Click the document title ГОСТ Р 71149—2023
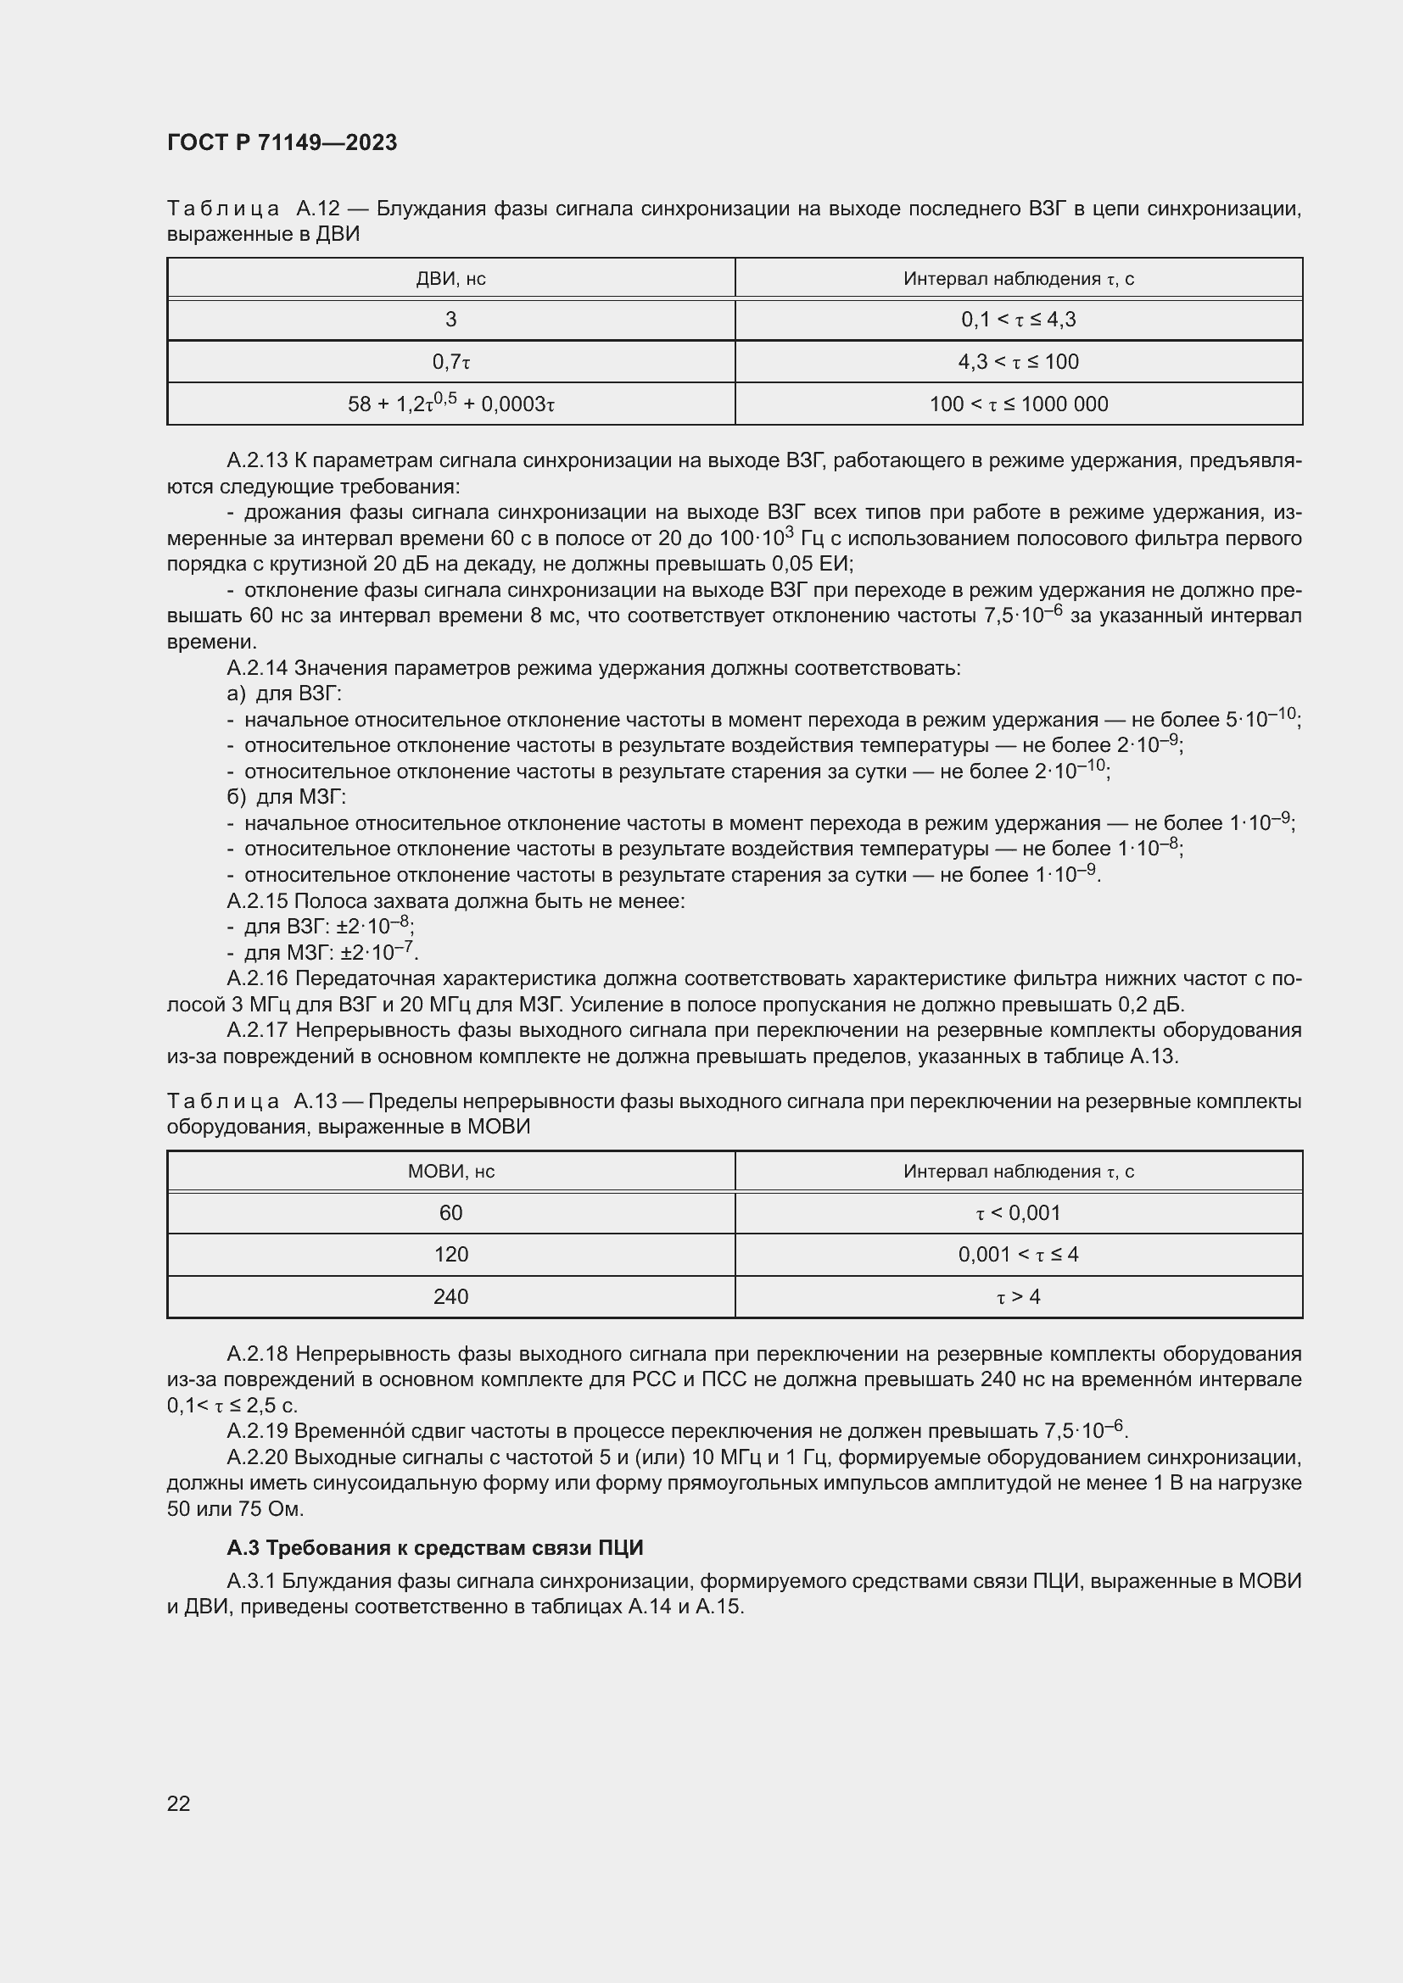[x=282, y=142]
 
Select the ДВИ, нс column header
[x=450, y=278]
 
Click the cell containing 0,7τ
[x=450, y=362]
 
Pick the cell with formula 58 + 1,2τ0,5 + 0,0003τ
[x=450, y=404]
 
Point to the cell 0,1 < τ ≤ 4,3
[x=1018, y=320]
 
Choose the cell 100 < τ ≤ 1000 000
[x=1018, y=404]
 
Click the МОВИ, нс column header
[x=450, y=1171]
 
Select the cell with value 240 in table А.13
[x=450, y=1296]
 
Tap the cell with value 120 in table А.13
[x=450, y=1254]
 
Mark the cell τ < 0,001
[x=1018, y=1212]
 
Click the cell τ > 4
[x=1018, y=1296]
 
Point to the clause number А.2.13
[x=256, y=460]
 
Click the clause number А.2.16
[x=256, y=978]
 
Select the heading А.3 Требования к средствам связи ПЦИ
[x=434, y=1547]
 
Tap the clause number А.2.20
[x=256, y=1457]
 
